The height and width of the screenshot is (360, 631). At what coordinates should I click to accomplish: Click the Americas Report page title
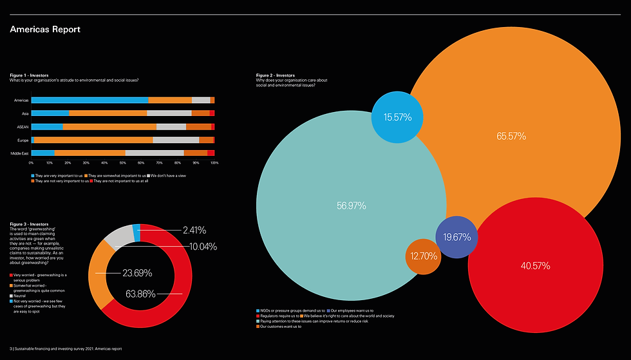(x=45, y=30)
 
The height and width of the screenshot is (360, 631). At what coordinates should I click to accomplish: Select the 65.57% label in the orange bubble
(x=511, y=136)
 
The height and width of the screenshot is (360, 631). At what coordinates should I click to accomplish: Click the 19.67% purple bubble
(x=457, y=237)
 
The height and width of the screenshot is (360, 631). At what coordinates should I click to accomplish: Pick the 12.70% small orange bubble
(x=423, y=256)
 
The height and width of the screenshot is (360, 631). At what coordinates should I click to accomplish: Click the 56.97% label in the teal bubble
(x=351, y=205)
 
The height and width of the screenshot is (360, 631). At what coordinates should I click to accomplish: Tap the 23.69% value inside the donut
(x=137, y=272)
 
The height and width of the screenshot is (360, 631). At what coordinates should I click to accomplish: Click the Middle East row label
(x=20, y=153)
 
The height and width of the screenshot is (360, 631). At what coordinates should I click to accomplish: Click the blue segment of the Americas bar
(x=89, y=100)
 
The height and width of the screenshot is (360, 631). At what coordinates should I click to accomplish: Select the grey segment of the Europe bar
(x=176, y=140)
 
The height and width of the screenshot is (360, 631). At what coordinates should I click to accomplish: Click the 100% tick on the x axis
(x=214, y=163)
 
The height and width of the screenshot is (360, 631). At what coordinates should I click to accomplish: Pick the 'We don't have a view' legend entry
(x=169, y=175)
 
